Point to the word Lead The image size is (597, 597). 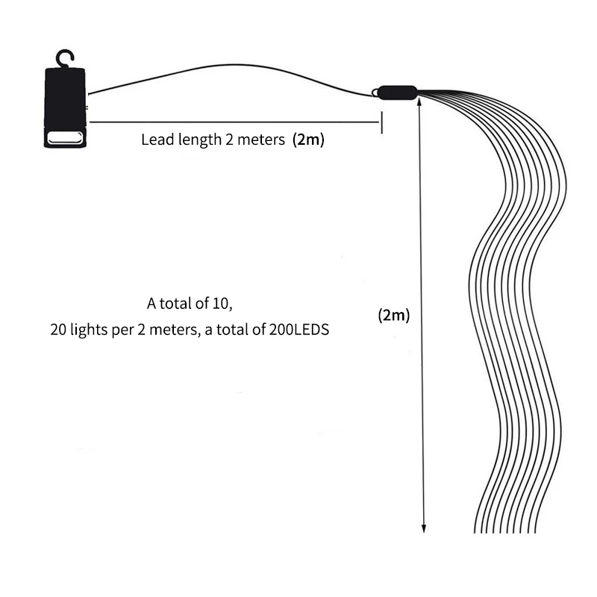tap(155, 140)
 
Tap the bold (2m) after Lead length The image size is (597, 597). tap(308, 140)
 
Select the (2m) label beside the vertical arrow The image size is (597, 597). tap(393, 315)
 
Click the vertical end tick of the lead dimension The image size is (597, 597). tap(382, 122)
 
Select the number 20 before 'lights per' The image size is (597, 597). tap(58, 329)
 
